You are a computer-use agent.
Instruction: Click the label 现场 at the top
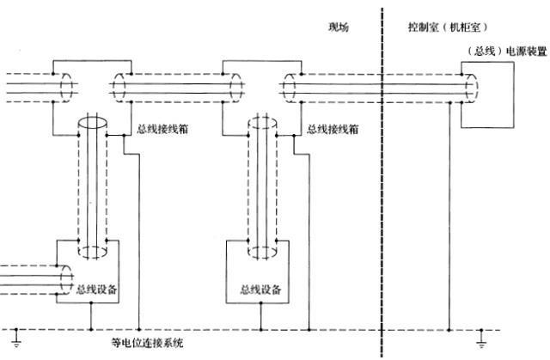339,27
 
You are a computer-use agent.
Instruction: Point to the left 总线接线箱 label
163,131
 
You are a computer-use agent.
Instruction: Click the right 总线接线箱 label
333,131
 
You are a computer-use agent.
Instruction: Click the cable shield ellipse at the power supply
472,87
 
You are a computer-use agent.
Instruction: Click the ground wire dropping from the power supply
449,215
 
